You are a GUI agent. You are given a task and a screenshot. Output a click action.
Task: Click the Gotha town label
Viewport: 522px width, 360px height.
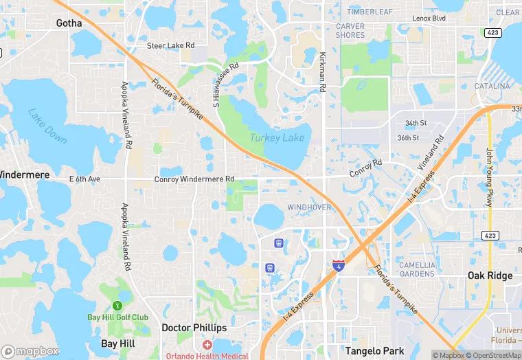[69, 23]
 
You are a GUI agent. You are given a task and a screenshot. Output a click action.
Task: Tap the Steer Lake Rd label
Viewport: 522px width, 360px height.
[170, 46]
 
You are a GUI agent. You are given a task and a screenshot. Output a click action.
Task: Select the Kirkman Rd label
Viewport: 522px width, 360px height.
[321, 72]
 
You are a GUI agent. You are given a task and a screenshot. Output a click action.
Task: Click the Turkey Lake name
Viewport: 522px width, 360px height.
[276, 138]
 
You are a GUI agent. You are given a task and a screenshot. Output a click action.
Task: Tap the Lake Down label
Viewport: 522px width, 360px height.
[48, 126]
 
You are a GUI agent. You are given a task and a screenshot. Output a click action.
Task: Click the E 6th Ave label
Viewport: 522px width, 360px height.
[84, 179]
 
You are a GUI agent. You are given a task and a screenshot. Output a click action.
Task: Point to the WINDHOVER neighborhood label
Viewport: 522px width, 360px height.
[309, 207]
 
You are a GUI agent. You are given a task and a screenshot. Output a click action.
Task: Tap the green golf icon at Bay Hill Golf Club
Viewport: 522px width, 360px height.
[117, 305]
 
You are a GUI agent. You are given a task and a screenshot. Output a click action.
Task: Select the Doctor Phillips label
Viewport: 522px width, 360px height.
[194, 328]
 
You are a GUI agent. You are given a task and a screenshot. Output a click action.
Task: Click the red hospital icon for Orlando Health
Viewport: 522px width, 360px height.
[207, 344]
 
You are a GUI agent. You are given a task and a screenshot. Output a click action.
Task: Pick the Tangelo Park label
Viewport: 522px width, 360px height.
[372, 350]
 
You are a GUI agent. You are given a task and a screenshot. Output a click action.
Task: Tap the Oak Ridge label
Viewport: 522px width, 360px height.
[490, 275]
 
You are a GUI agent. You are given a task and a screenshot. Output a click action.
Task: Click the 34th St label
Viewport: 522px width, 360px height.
[416, 123]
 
